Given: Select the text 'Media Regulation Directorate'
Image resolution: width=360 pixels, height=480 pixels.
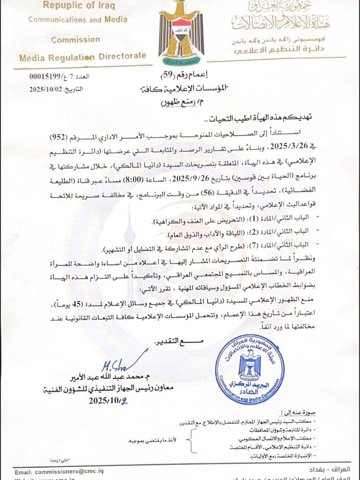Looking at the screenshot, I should (82, 57).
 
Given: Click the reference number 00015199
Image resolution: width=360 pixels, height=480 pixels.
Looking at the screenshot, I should (45, 77).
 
